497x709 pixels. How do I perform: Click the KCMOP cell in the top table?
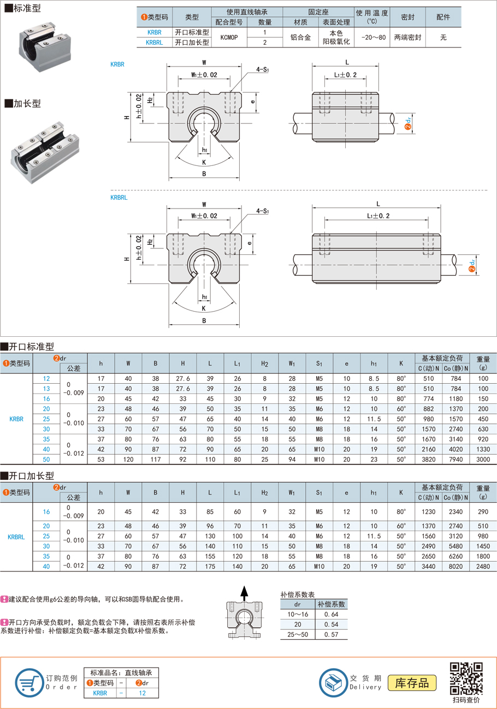[x=229, y=37]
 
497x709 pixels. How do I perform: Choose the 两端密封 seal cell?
[x=407, y=37]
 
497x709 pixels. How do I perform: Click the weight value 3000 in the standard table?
[x=483, y=460]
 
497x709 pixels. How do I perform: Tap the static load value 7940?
[x=455, y=460]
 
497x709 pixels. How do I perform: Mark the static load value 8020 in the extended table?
[x=455, y=567]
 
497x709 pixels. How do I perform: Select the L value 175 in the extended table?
[x=210, y=567]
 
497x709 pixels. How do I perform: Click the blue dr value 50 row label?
[x=46, y=460]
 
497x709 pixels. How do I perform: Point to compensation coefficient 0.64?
[x=331, y=615]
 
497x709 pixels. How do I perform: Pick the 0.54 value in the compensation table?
[x=331, y=624]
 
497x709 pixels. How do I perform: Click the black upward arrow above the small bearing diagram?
[x=245, y=592]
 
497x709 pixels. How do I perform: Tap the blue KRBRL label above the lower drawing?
[x=119, y=198]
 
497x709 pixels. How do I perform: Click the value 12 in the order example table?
[x=141, y=693]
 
